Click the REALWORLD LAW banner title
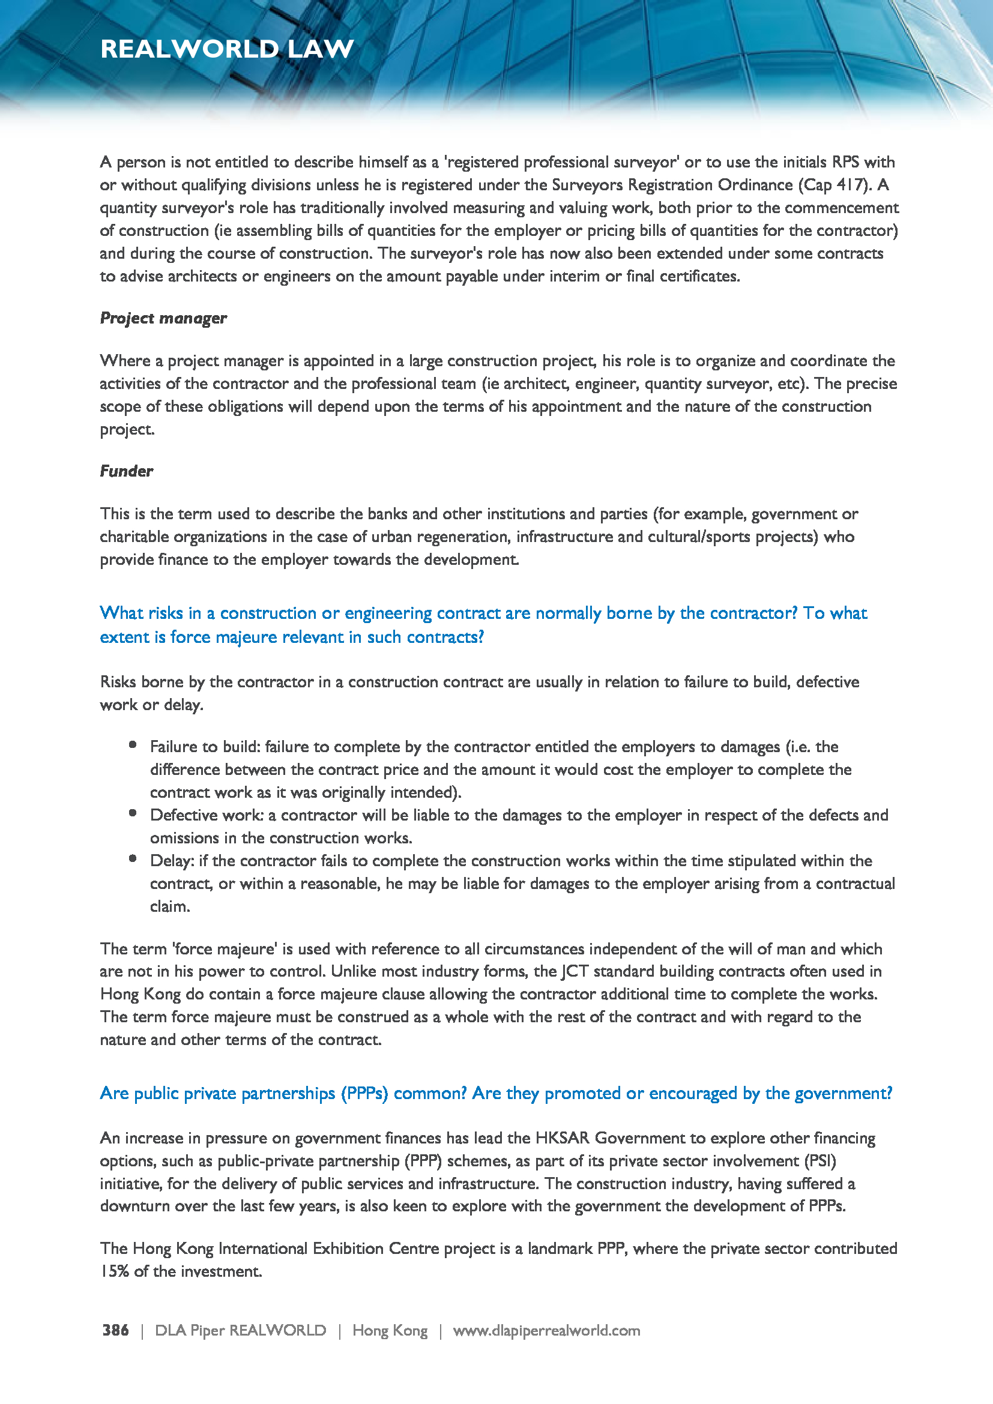tap(227, 49)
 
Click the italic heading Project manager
tap(163, 318)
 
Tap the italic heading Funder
tap(127, 471)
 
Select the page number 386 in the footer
tap(115, 1330)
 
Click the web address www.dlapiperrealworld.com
tap(546, 1330)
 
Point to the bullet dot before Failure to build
tap(133, 745)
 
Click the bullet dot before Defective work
tap(133, 813)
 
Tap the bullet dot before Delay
tap(133, 858)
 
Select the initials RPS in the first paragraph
tap(846, 162)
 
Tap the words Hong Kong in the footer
tap(390, 1330)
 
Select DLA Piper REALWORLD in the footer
tap(240, 1330)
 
